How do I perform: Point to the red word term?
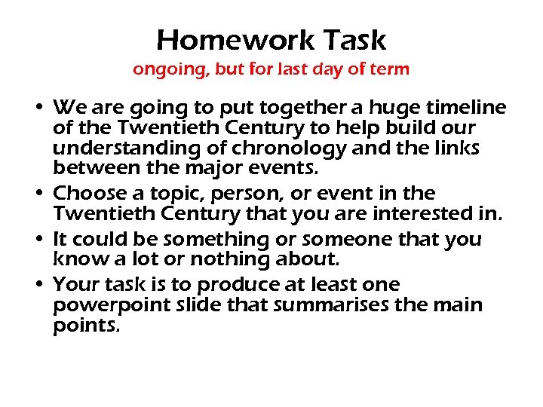(x=390, y=69)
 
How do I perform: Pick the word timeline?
(x=468, y=107)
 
